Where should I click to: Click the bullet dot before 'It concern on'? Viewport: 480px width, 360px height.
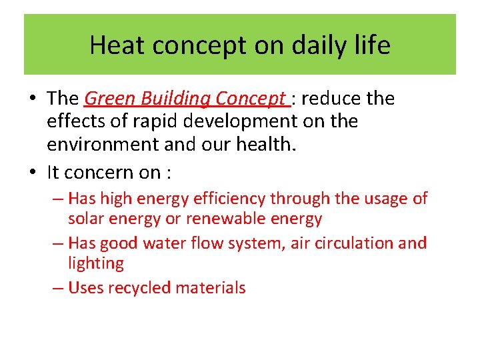point(32,173)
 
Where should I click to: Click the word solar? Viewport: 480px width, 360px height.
point(85,219)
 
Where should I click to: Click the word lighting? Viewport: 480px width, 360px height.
point(95,263)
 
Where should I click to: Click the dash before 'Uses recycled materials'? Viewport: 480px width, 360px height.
point(58,288)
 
